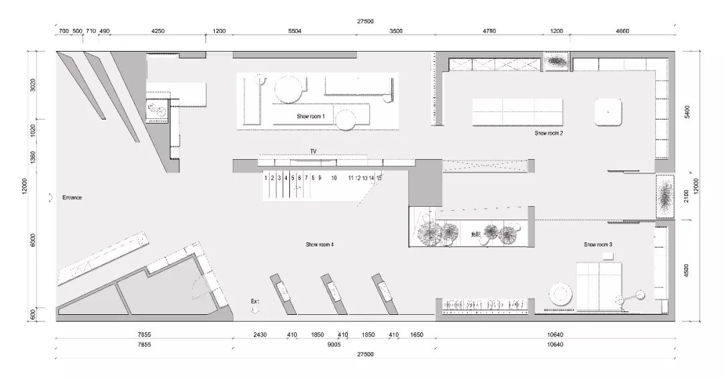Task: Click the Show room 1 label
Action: (311, 117)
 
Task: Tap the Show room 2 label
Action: (548, 134)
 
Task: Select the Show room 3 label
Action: (597, 244)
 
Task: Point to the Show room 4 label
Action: (320, 244)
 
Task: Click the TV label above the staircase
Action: (313, 152)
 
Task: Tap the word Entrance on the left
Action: (72, 197)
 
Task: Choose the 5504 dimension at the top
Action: (295, 32)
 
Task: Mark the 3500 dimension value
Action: (396, 32)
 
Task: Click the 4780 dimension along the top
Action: (490, 32)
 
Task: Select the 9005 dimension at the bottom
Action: (334, 344)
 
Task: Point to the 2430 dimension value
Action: (260, 334)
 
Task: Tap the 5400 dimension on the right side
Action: (687, 111)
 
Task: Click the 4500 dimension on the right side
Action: (687, 271)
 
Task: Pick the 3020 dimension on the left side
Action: (33, 86)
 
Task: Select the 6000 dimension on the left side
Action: (33, 240)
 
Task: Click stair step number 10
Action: (334, 178)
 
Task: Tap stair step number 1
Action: (267, 178)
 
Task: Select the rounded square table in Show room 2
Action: (608, 111)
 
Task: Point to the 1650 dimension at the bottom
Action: (416, 334)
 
